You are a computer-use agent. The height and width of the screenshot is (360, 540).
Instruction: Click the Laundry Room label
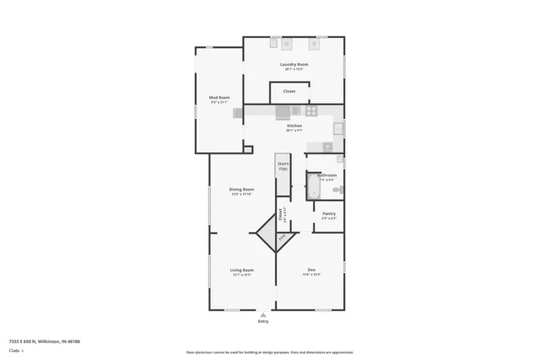(x=294, y=65)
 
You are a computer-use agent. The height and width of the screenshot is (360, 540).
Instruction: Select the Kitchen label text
(x=294, y=126)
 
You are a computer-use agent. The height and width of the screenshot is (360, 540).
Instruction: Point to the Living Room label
(x=242, y=270)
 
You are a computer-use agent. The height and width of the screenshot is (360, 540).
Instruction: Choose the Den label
(x=311, y=270)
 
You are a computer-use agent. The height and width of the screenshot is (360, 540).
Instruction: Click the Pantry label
(x=328, y=214)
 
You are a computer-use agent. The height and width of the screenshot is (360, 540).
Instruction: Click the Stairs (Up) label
(x=283, y=166)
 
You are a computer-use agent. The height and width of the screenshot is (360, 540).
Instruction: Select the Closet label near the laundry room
(x=289, y=91)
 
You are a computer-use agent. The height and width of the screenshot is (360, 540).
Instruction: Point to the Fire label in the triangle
(x=282, y=237)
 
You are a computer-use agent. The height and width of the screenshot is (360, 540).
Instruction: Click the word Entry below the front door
(x=263, y=321)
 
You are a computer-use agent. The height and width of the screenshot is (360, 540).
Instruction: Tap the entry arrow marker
(x=263, y=314)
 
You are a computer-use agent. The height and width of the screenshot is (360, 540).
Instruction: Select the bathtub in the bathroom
(x=312, y=186)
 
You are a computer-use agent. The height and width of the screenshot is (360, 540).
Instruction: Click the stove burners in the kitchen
(x=311, y=110)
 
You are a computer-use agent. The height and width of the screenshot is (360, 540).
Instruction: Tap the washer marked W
(x=286, y=43)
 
